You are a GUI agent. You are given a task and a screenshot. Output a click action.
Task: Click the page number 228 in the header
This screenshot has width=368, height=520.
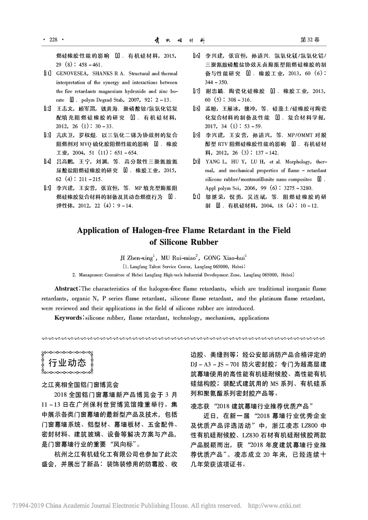[x=53, y=40]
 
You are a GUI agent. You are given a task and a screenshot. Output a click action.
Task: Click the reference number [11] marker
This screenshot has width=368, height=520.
[x=47, y=74]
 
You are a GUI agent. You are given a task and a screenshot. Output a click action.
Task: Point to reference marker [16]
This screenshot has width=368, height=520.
[x=196, y=56]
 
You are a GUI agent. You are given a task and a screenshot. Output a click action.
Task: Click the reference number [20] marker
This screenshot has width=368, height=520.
[x=196, y=162]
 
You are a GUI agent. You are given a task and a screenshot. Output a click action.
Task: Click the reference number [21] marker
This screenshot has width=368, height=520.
[x=196, y=197]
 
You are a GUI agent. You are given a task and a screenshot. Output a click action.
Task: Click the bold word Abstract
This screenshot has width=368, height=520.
[x=67, y=289]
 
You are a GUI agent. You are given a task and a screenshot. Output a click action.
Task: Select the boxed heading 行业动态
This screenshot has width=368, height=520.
[x=67, y=363]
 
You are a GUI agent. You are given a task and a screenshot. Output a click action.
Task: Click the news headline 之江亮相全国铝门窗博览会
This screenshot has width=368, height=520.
[x=80, y=385]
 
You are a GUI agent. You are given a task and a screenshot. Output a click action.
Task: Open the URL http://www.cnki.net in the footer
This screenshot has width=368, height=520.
[x=275, y=506]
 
